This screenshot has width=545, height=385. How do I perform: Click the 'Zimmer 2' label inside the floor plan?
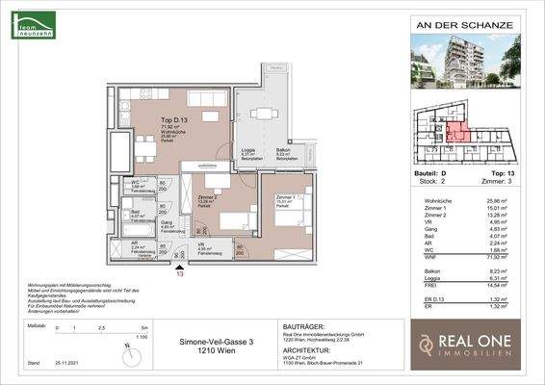pos(206,196)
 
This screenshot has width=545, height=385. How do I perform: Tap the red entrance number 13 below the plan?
pos(178,273)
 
